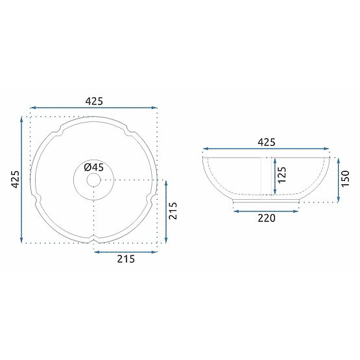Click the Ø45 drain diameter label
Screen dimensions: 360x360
[x=94, y=167]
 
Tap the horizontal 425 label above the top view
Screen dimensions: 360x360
[x=95, y=101]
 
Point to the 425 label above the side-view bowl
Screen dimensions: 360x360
[x=267, y=142]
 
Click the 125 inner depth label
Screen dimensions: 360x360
[x=282, y=175]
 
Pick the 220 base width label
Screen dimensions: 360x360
[x=267, y=218]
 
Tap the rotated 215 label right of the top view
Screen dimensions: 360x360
[x=174, y=211]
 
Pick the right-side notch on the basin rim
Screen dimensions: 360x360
[x=153, y=197]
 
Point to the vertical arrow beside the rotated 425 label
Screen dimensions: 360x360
[x=23, y=180]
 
